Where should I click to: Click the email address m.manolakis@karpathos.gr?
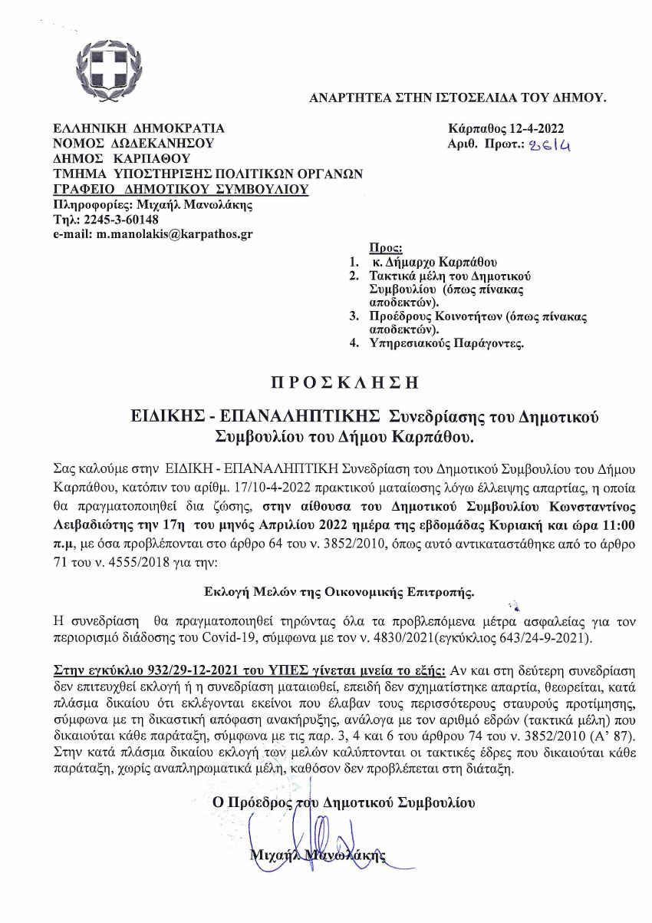click(175, 232)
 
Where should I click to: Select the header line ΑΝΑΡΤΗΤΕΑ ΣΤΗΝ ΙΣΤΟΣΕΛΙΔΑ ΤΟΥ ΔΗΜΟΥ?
click(457, 98)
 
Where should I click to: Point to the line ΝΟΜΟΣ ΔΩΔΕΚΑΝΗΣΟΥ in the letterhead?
click(133, 143)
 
